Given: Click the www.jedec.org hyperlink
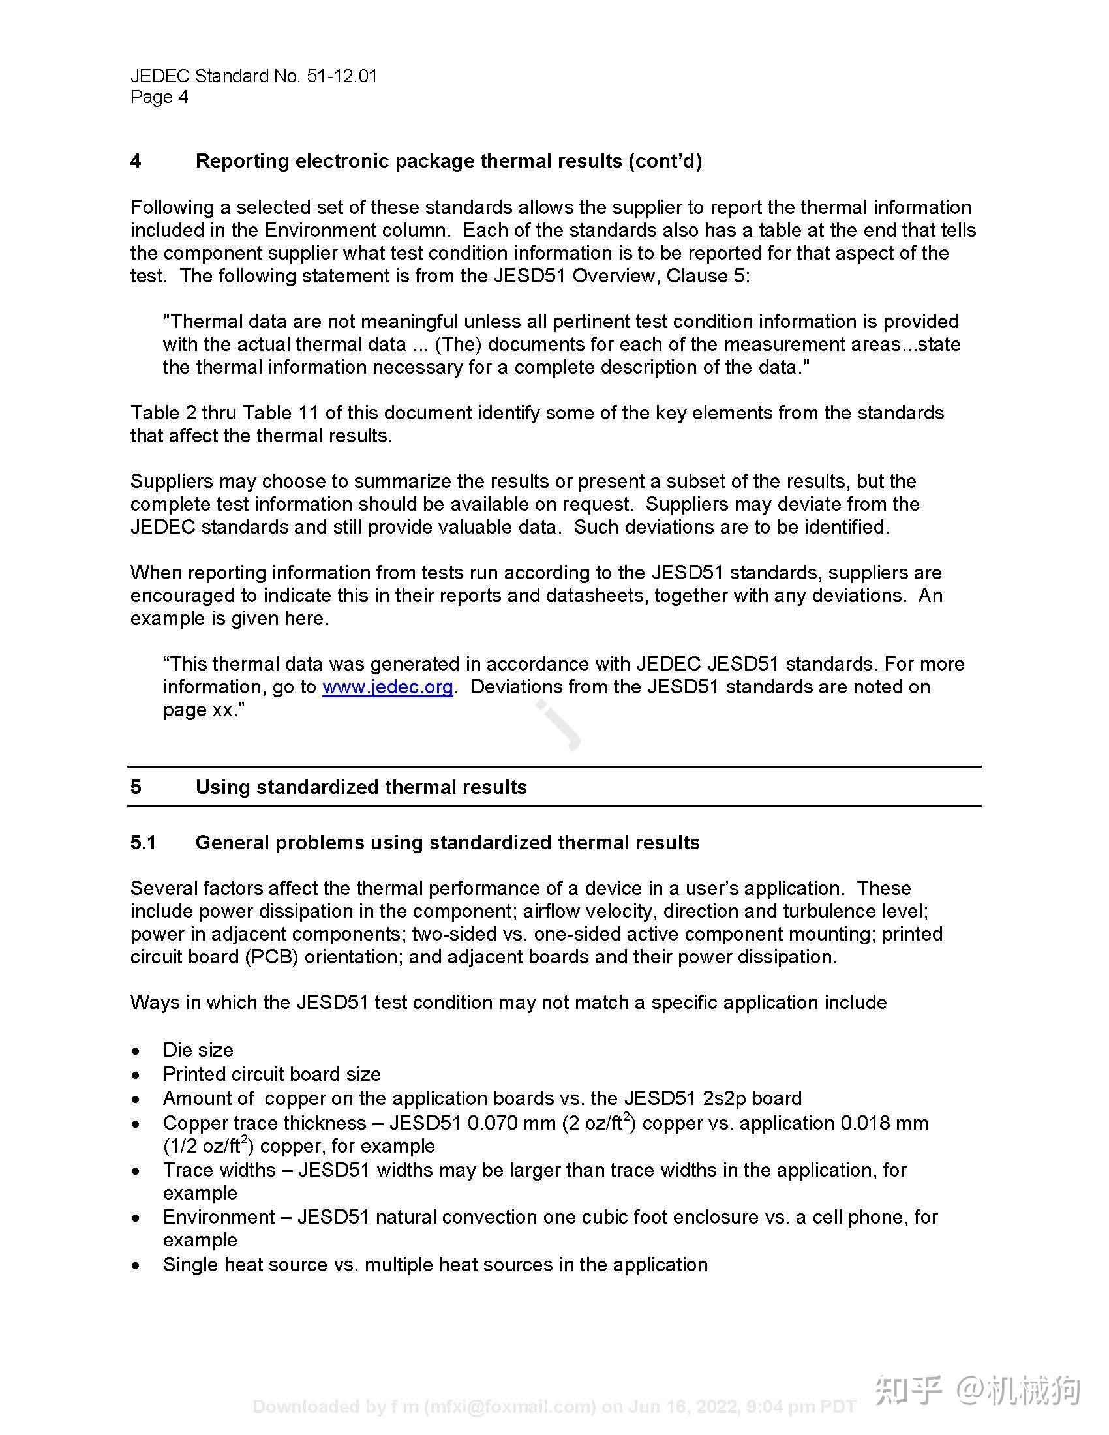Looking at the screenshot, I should tap(387, 687).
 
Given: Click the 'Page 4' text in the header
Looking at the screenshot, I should tap(159, 97).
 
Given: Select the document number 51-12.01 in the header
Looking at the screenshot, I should tap(342, 76).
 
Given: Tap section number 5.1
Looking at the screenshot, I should tap(144, 843).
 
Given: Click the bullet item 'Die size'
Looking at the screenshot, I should tap(198, 1050).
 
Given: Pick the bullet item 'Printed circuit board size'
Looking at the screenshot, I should tap(271, 1074).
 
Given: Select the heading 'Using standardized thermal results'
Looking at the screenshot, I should tap(361, 787).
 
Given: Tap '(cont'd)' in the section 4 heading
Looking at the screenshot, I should tap(664, 161).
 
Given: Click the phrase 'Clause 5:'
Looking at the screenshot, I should tap(708, 276).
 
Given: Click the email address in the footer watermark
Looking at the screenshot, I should tap(510, 1407).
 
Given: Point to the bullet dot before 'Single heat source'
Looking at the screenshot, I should tap(135, 1265).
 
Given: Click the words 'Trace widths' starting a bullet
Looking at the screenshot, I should tap(219, 1170).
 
